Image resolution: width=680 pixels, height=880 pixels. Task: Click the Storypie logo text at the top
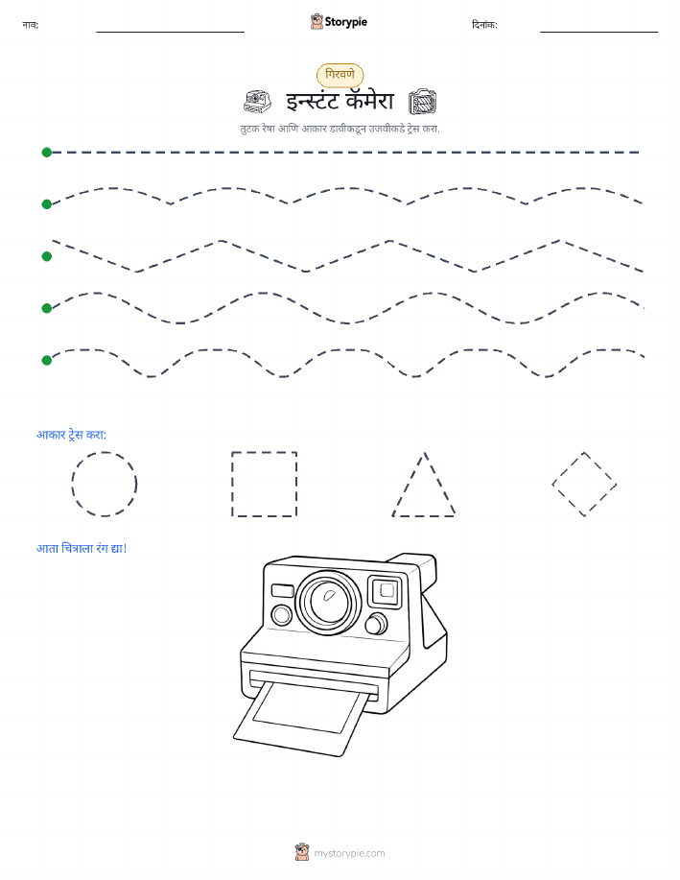345,22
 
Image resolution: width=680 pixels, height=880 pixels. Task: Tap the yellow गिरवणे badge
340,75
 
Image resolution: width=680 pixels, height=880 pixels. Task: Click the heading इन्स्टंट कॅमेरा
340,101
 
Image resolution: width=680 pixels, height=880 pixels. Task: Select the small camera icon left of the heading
258,102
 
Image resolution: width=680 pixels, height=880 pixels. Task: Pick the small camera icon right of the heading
422,102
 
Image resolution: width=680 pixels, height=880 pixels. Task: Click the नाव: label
31,25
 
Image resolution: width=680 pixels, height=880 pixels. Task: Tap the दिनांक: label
484,25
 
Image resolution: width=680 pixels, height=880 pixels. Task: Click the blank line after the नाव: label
170,32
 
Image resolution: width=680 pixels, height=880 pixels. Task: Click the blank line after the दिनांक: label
598,32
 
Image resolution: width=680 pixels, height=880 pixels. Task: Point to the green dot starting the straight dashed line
47,152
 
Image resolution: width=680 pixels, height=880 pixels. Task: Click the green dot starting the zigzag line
47,256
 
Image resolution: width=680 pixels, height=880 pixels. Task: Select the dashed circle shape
105,452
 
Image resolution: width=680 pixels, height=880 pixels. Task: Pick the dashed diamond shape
600,468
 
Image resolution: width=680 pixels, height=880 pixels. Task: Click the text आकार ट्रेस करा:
71,435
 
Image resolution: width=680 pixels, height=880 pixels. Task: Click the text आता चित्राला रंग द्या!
82,548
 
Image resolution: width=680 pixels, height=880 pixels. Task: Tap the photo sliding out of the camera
299,717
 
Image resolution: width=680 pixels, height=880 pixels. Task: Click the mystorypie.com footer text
349,853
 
